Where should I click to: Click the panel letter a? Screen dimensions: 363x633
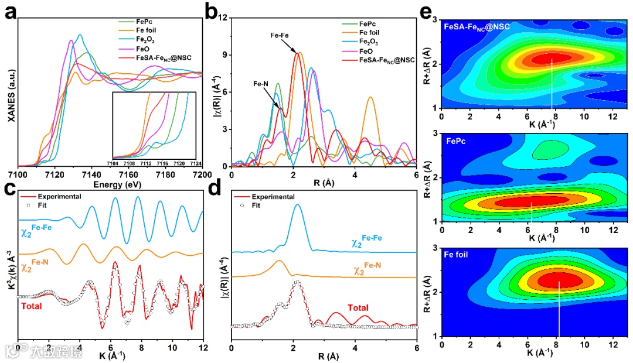(10, 12)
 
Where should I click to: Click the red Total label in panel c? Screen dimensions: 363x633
(32, 305)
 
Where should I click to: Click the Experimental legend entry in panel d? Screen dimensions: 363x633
(274, 197)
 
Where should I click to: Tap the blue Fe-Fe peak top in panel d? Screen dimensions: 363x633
(297, 205)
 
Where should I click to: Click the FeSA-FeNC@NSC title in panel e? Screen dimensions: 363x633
(477, 26)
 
